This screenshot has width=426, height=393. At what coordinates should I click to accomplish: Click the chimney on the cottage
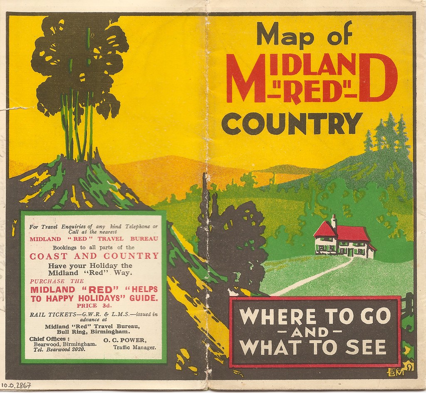click(x=334, y=221)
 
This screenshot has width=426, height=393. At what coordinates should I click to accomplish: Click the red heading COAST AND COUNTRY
click(x=94, y=256)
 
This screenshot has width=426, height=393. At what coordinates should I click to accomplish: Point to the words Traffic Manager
click(x=134, y=346)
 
